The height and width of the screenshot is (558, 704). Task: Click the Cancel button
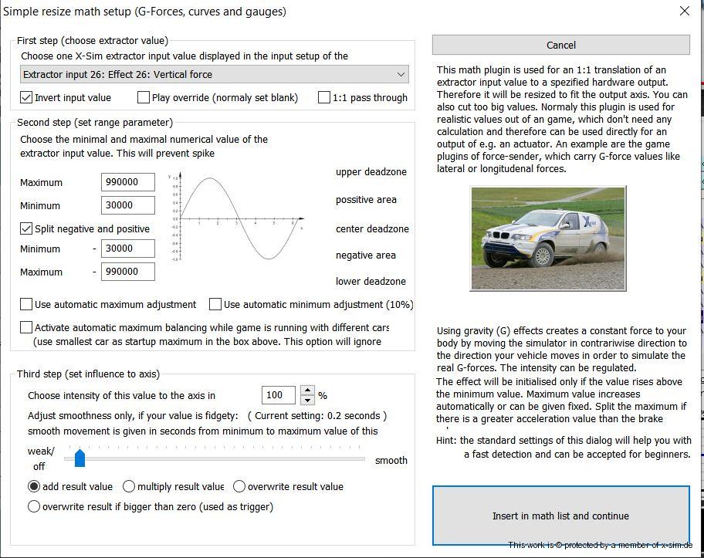[560, 45]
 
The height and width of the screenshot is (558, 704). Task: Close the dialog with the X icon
[684, 11]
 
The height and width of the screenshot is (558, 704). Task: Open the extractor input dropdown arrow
[401, 74]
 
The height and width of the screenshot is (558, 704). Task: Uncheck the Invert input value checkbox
[27, 97]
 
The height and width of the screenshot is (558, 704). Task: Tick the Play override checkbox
[144, 97]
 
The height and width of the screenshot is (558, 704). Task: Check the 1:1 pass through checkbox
[324, 97]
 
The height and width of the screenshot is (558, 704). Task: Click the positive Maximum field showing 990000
[127, 182]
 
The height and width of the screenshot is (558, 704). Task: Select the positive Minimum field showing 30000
[127, 205]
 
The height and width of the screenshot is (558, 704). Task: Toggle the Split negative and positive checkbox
[27, 228]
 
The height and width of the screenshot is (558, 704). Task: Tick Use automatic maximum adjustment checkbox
[27, 304]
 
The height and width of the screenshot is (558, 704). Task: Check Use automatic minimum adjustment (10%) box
[215, 304]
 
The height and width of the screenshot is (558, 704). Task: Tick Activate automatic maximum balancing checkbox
[27, 327]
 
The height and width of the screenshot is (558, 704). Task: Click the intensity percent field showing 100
[278, 395]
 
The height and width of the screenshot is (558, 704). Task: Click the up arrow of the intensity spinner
[307, 391]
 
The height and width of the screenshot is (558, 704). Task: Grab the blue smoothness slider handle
[80, 459]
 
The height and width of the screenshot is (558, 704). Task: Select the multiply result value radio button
[129, 486]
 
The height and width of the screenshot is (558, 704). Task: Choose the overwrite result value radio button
[239, 486]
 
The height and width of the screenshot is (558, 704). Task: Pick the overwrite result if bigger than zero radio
[34, 506]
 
